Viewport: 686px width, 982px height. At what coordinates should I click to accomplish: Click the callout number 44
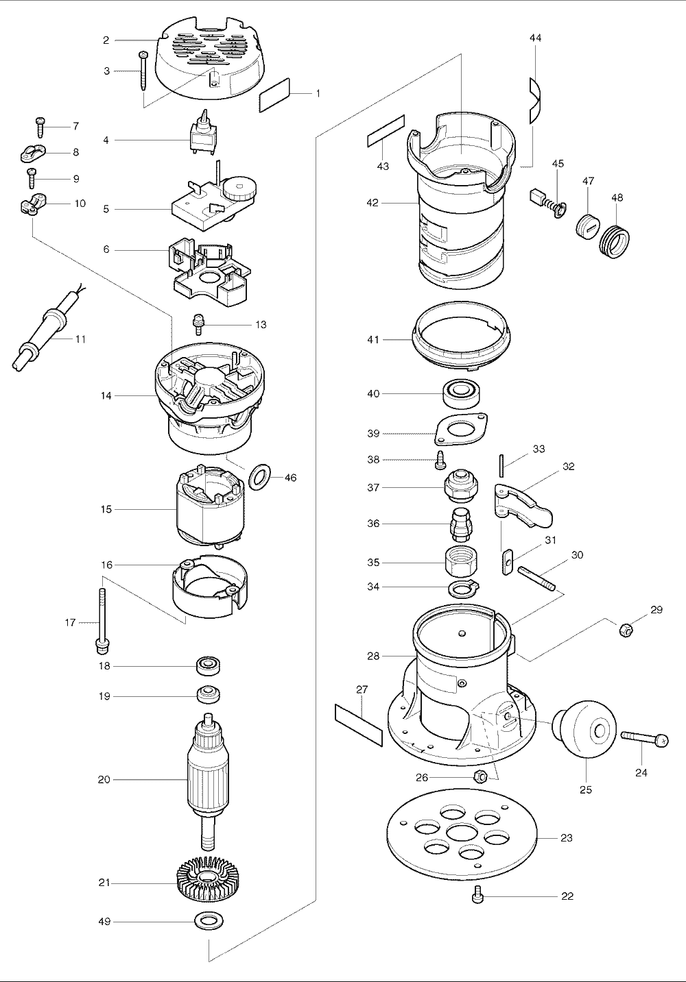[x=535, y=38]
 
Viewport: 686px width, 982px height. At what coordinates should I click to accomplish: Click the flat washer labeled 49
[x=209, y=922]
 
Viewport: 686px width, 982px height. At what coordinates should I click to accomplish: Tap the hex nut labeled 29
[x=625, y=628]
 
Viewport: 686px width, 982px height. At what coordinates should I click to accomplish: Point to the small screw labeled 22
[x=478, y=894]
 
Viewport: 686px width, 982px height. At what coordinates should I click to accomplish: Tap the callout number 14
[x=106, y=395]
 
